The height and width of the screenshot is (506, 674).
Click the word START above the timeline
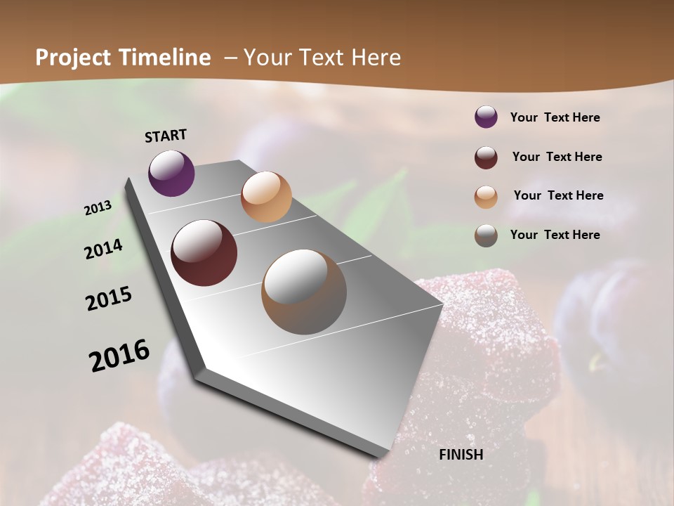click(166, 136)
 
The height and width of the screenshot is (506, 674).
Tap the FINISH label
click(461, 455)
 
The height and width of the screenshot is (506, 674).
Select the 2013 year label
click(98, 208)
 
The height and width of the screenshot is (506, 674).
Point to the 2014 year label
click(104, 249)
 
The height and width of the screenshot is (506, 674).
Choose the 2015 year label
click(109, 299)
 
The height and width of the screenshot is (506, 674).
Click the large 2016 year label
click(119, 356)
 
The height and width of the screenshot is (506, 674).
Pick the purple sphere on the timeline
click(171, 173)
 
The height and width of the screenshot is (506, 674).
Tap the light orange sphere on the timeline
click(266, 197)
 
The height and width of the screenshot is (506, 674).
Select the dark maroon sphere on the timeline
click(204, 253)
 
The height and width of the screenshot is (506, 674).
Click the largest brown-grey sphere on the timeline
click(304, 292)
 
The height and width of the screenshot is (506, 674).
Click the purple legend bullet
click(486, 117)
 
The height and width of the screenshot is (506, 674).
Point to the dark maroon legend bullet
click(486, 157)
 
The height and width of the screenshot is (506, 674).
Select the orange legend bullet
click(486, 197)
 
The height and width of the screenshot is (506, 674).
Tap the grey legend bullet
click(486, 235)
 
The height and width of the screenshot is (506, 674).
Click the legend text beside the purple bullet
click(555, 118)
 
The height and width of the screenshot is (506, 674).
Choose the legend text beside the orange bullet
click(559, 195)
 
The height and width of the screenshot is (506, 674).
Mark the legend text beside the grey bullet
click(555, 235)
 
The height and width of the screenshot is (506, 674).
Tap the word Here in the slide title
click(376, 58)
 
